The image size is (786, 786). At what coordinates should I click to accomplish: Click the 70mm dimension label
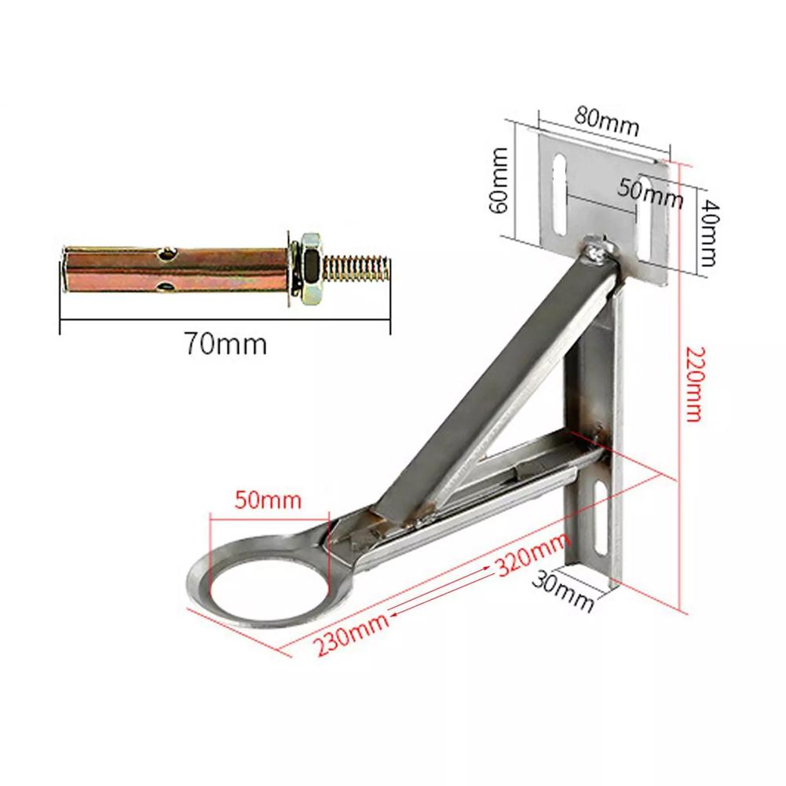coord(225,343)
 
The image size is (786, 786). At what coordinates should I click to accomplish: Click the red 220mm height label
coord(693,385)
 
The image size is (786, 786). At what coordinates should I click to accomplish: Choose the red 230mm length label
coord(351,634)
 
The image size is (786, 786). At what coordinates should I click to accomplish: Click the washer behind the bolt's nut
coord(292,269)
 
